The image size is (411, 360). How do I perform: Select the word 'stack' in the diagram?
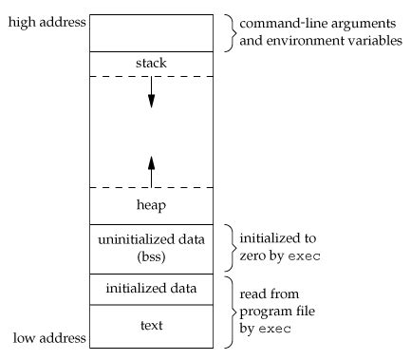(150, 64)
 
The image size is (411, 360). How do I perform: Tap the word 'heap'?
(150, 204)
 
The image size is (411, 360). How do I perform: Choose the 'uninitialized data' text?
(150, 238)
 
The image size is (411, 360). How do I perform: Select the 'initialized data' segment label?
(150, 288)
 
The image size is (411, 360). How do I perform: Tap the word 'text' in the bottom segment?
(150, 325)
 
